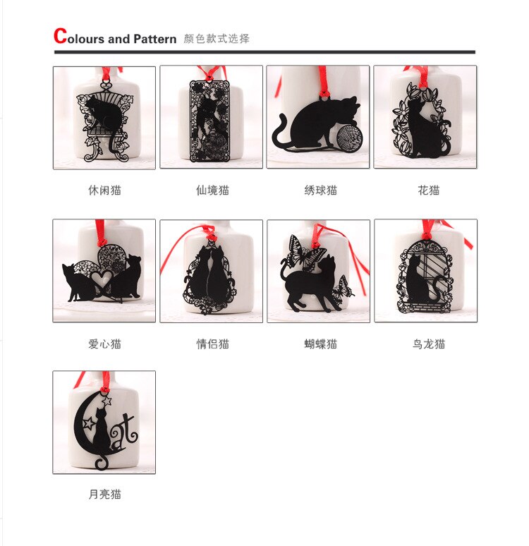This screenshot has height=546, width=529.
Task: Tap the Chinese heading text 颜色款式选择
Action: click(216, 39)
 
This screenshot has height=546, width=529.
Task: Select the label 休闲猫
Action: click(104, 190)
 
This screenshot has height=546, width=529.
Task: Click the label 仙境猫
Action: click(212, 190)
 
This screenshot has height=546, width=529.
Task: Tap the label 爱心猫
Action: click(104, 344)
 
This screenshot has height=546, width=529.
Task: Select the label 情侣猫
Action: click(212, 344)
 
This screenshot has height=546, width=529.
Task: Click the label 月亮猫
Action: click(104, 495)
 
